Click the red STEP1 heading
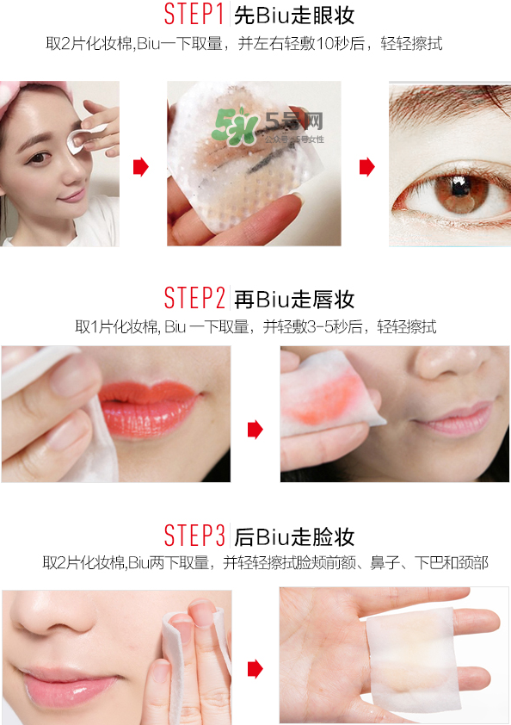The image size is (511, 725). [194, 15]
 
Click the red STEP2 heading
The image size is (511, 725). [194, 299]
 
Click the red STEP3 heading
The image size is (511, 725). [194, 536]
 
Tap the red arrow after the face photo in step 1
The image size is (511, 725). [140, 167]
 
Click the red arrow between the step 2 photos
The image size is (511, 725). [255, 428]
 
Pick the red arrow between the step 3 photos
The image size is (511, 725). [255, 668]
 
